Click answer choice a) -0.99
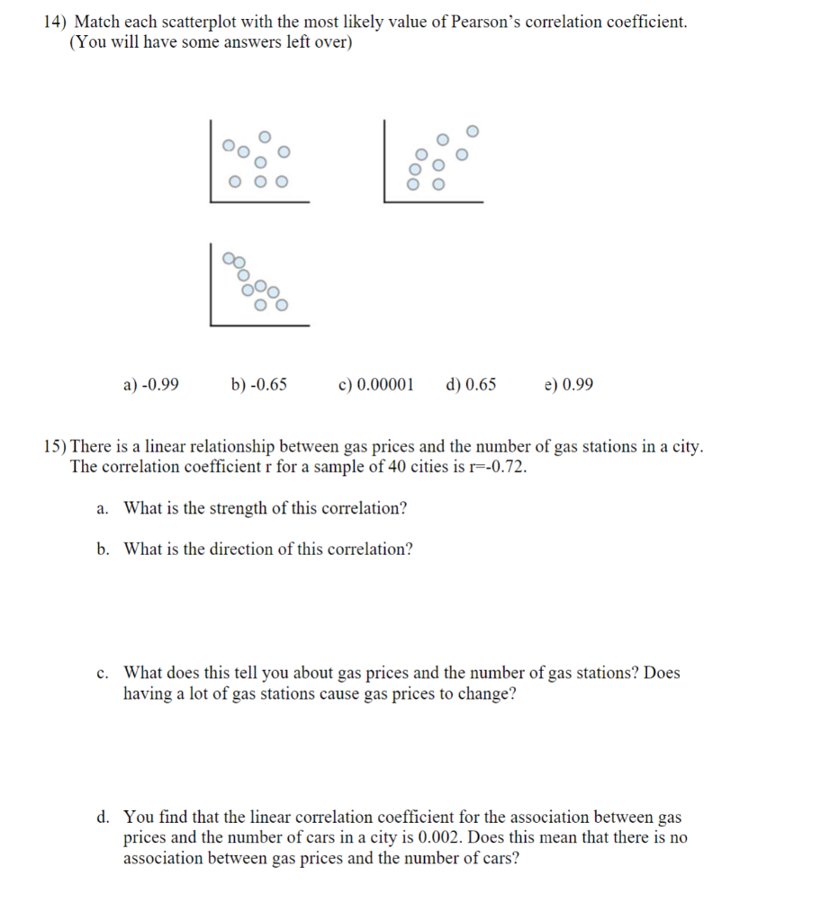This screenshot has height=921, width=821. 150,385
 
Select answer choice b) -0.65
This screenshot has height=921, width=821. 259,385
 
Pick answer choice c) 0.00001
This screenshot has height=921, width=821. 376,385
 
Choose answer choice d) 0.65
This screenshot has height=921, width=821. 471,385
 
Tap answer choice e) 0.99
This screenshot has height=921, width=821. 569,385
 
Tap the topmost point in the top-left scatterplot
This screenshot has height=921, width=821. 264,136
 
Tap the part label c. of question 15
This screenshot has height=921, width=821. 104,673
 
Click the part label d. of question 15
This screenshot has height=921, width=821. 104,818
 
